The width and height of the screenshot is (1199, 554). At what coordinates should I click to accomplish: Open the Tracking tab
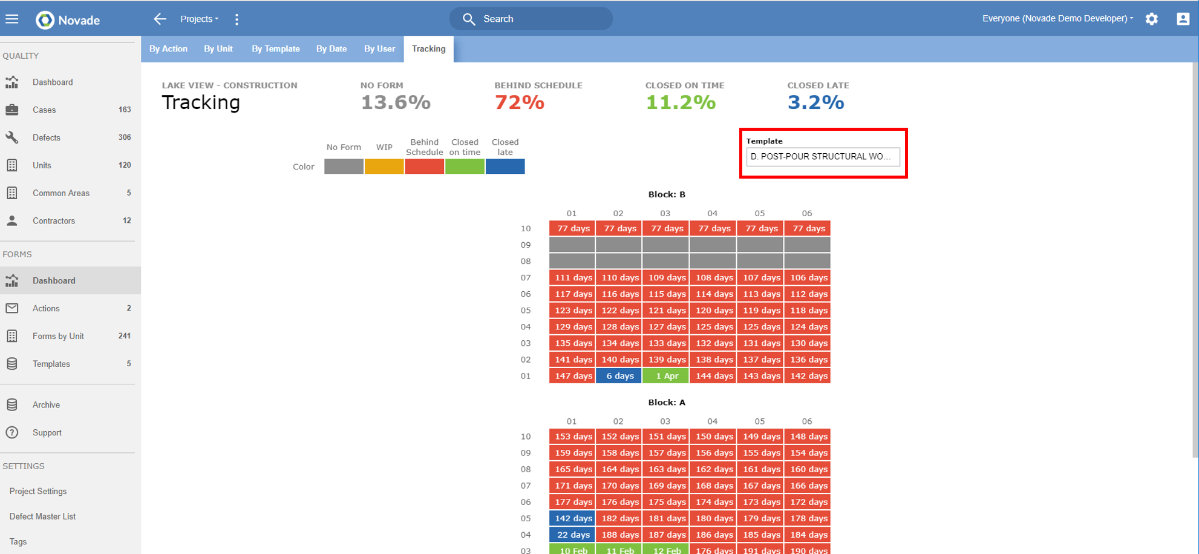[428, 49]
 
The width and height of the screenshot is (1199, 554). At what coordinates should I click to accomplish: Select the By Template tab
[275, 49]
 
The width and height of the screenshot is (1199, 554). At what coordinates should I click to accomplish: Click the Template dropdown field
[823, 157]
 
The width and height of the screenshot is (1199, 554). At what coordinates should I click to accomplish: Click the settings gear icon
[1151, 19]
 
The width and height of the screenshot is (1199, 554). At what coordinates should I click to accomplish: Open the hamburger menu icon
[12, 19]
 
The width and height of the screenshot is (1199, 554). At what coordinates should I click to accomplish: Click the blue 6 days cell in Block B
[619, 376]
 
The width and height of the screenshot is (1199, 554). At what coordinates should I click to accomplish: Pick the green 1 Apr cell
[665, 376]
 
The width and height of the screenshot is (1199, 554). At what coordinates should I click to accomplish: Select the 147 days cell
[572, 376]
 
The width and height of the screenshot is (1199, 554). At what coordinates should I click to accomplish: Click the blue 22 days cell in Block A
[572, 535]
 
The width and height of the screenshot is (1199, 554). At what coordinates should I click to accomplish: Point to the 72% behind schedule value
[519, 102]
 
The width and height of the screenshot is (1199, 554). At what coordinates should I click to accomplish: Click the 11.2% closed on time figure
[681, 102]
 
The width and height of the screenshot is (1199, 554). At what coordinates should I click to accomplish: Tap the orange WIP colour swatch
[384, 167]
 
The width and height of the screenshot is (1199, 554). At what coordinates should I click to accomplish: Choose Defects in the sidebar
[47, 137]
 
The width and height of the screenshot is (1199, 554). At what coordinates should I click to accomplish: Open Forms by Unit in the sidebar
[58, 336]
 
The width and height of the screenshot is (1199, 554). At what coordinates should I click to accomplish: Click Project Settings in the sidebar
[38, 491]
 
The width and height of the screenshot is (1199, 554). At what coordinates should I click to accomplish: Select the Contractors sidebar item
[54, 221]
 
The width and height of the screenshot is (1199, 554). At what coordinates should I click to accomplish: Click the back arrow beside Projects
[160, 19]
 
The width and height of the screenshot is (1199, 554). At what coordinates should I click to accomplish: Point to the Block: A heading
[667, 402]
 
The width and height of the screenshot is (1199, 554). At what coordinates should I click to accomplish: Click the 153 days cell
[572, 437]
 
